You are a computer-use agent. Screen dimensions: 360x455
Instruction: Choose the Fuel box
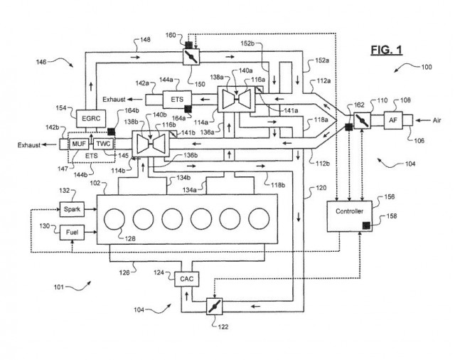point(70,233)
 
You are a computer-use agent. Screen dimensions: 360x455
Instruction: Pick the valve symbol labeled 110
point(363,122)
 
